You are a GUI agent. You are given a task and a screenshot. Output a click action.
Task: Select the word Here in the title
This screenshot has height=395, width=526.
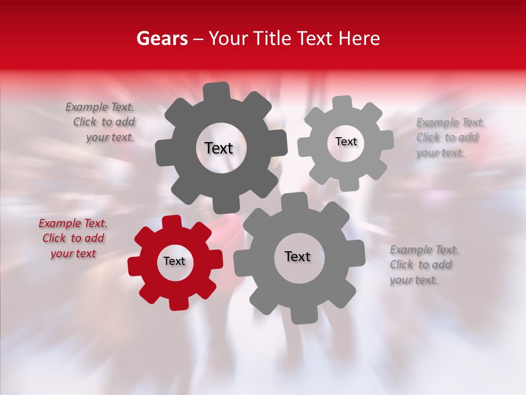point(359,38)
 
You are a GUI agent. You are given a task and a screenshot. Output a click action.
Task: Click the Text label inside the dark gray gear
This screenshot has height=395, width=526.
point(219,148)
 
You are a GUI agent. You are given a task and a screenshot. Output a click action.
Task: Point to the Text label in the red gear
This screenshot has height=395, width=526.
point(174,262)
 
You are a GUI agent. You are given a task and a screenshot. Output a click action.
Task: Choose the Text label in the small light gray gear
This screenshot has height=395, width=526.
point(346,142)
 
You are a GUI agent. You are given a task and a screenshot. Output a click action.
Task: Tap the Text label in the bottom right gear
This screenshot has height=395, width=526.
point(298,257)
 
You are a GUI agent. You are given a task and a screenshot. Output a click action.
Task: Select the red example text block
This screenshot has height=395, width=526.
point(73,239)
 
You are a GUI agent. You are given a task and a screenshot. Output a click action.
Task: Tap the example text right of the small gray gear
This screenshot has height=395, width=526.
point(449,138)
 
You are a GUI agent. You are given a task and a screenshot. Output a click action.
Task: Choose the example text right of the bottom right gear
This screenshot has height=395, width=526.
point(423,265)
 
